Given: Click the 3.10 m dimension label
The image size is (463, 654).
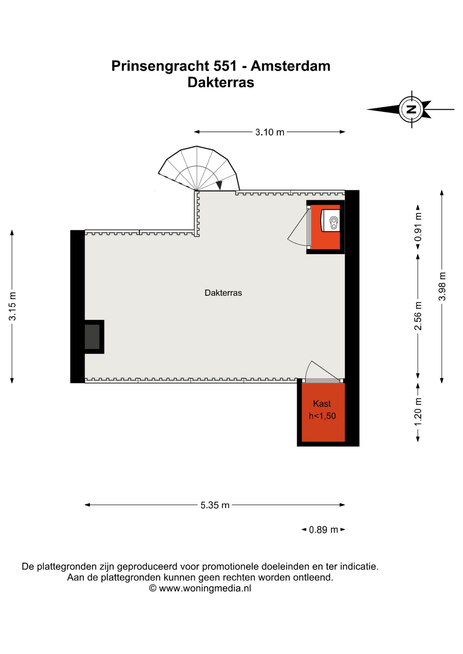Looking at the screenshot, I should click(x=269, y=132).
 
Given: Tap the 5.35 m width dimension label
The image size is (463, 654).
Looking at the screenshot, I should click(x=215, y=505).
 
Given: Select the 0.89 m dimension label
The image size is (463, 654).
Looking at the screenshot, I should click(x=323, y=530).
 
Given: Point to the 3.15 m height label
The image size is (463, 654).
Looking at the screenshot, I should click(x=12, y=306).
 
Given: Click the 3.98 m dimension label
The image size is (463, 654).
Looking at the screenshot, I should click(x=442, y=286).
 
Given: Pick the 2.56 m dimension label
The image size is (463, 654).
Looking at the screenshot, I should click(x=418, y=315).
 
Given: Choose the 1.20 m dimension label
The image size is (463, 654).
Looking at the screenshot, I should click(x=418, y=411).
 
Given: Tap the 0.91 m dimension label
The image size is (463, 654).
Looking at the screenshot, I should click(x=418, y=227).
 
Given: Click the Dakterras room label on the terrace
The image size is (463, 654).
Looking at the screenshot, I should click(x=223, y=293).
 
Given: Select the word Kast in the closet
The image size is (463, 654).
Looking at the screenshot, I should click(x=322, y=404).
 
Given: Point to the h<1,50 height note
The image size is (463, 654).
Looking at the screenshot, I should click(x=322, y=416).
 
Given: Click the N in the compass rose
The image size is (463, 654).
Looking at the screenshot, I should click(x=412, y=109).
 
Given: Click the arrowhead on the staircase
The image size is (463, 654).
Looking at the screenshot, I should click(x=219, y=185).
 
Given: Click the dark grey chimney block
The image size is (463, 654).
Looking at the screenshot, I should click(x=92, y=337).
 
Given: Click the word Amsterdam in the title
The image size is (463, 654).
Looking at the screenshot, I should click(x=290, y=66).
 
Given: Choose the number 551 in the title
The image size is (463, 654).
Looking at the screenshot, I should click(x=225, y=66).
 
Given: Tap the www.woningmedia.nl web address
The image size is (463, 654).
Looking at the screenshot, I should click(x=205, y=588).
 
